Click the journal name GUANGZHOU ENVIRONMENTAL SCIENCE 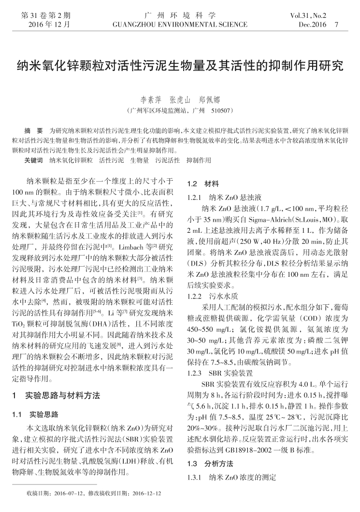coord(180,24)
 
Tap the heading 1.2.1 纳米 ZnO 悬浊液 coord(224,198)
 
